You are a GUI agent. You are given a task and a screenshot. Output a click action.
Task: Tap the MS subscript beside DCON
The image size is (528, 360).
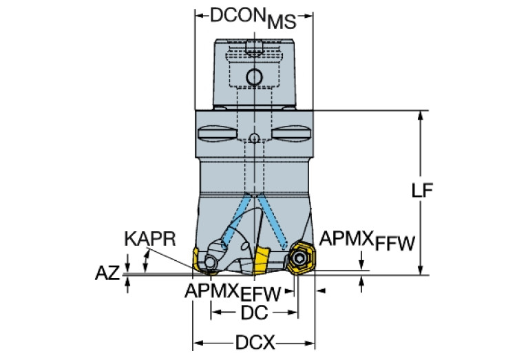[281, 22]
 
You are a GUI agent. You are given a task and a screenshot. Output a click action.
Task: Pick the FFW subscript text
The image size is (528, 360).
[394, 244]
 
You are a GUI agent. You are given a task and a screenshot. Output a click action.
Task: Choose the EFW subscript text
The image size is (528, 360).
[260, 295]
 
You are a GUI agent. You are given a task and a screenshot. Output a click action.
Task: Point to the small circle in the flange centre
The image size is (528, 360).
[254, 138]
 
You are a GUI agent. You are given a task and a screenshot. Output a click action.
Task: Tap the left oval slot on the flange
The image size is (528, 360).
[215, 132]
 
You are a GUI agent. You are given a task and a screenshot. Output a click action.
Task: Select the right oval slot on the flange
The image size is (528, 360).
[293, 132]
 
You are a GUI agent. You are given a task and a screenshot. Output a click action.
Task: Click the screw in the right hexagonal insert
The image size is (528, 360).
[300, 259]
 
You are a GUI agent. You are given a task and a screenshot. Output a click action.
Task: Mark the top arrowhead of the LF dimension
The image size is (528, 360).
[419, 116]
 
